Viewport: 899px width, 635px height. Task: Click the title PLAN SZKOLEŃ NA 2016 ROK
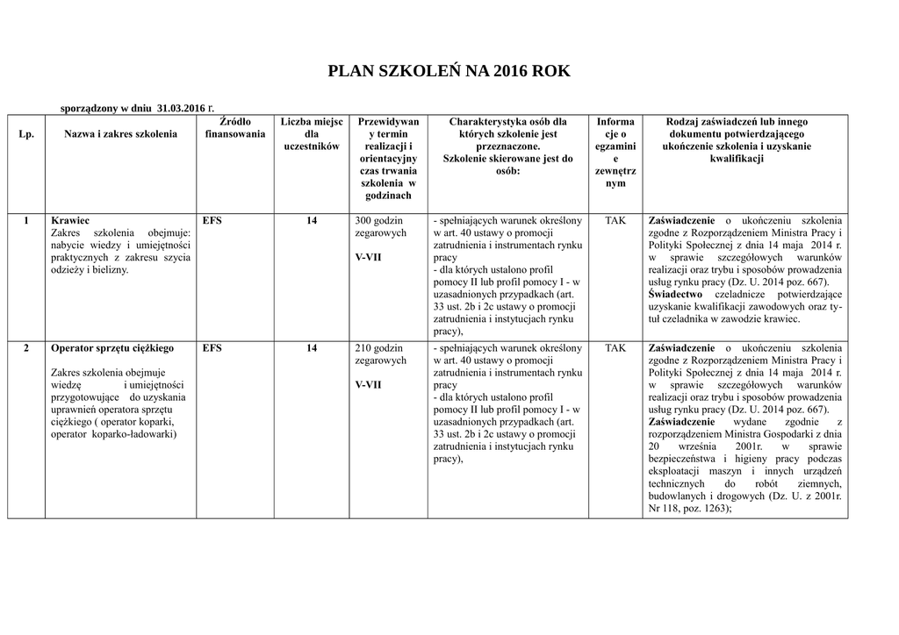[449, 72]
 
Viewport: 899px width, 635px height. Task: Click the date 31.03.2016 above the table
[183, 108]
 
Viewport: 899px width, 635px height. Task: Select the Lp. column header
[25, 134]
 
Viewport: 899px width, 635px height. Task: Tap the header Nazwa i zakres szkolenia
[120, 134]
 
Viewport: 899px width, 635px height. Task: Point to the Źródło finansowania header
[234, 128]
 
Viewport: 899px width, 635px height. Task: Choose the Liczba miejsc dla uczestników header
[312, 134]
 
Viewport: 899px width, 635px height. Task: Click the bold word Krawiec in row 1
[70, 220]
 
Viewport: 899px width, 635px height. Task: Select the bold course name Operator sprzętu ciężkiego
[112, 348]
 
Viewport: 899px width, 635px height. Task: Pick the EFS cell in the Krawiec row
[212, 220]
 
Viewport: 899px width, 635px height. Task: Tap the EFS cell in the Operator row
[212, 348]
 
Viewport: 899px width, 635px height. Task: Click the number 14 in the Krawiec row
[312, 220]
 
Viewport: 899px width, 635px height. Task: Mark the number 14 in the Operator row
[312, 348]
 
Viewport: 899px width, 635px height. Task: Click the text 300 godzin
[378, 220]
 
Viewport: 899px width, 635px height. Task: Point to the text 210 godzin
[378, 348]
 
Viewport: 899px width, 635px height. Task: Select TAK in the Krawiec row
[615, 220]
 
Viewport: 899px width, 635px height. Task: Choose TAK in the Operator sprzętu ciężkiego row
[615, 348]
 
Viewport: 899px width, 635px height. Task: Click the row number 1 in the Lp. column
[26, 220]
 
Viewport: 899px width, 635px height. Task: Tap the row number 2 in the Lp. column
[26, 348]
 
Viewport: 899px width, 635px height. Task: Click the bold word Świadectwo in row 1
[675, 295]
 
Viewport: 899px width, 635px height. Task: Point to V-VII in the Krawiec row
[369, 258]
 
